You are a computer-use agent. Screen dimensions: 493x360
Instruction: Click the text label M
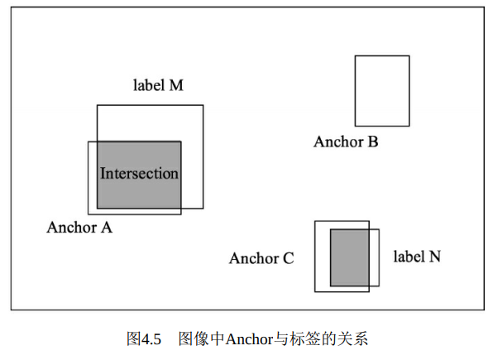[158, 85]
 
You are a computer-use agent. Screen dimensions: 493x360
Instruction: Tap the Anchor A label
[79, 228]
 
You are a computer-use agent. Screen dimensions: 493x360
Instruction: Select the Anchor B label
[346, 142]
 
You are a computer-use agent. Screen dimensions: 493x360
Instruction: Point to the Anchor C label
[261, 258]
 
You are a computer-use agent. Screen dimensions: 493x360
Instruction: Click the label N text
[417, 257]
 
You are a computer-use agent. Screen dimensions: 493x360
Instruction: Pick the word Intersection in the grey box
[139, 174]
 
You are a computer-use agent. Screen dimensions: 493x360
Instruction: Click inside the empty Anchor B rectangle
[382, 91]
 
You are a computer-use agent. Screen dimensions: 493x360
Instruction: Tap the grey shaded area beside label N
[350, 257]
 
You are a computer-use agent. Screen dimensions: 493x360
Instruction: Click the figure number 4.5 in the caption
[151, 339]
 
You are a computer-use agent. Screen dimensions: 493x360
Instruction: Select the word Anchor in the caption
[249, 339]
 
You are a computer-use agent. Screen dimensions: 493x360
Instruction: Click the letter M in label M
[176, 85]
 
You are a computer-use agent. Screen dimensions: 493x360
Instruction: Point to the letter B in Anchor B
[373, 142]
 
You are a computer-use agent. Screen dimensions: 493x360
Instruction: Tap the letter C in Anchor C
[289, 258]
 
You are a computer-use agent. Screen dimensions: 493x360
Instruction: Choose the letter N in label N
[435, 257]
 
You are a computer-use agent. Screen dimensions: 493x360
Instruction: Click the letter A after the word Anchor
[107, 228]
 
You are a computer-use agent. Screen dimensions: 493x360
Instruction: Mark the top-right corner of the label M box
[203, 105]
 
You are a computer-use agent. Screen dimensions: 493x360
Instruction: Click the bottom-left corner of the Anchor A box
[89, 214]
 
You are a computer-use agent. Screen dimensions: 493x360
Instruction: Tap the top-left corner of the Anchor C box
[315, 221]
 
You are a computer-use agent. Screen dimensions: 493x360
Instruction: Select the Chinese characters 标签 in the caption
[305, 339]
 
